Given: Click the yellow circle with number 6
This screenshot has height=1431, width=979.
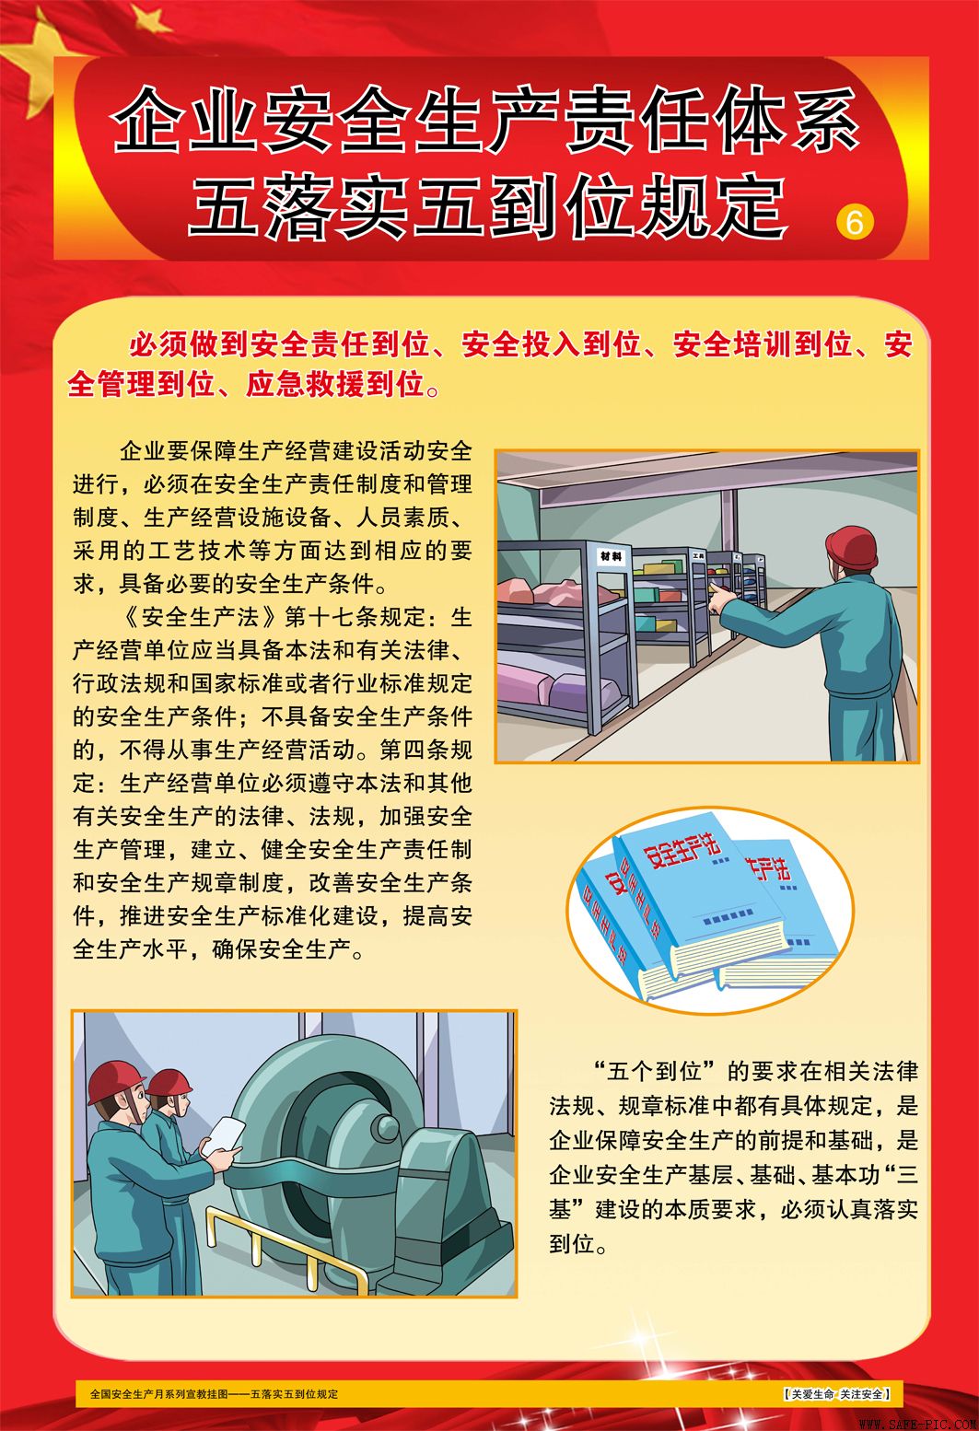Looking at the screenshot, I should (x=854, y=222).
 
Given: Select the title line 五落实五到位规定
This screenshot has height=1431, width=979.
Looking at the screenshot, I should (x=485, y=206).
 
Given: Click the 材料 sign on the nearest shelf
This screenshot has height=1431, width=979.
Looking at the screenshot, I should (x=611, y=556).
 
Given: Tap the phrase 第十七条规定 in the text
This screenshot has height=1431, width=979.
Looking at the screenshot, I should (x=354, y=616).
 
